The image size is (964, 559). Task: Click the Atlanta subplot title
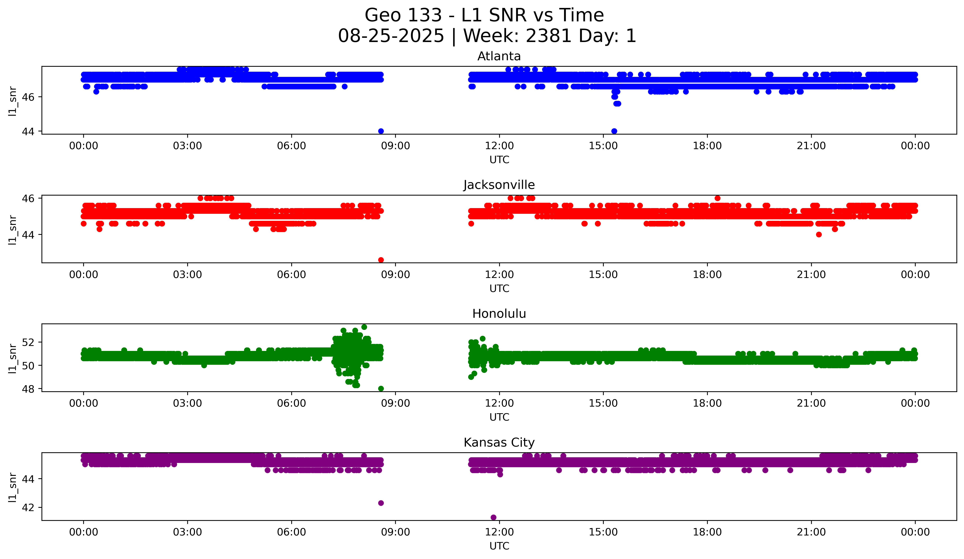click(x=499, y=56)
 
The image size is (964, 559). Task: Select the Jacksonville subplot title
click(x=499, y=185)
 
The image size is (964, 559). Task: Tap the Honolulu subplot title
click(x=499, y=314)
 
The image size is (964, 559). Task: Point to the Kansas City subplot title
click(x=499, y=443)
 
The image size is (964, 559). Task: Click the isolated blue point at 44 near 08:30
click(x=381, y=131)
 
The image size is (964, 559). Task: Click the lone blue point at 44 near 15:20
click(x=614, y=131)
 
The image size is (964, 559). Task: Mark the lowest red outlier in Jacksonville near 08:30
click(x=381, y=260)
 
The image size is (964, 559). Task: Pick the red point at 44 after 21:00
click(x=819, y=235)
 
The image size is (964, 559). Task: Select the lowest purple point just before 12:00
click(x=493, y=517)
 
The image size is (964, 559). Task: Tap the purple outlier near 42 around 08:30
click(x=381, y=503)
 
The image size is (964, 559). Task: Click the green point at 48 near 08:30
click(x=381, y=389)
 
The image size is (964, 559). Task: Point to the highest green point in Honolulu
click(x=364, y=327)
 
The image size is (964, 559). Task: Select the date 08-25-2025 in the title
click(x=391, y=36)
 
